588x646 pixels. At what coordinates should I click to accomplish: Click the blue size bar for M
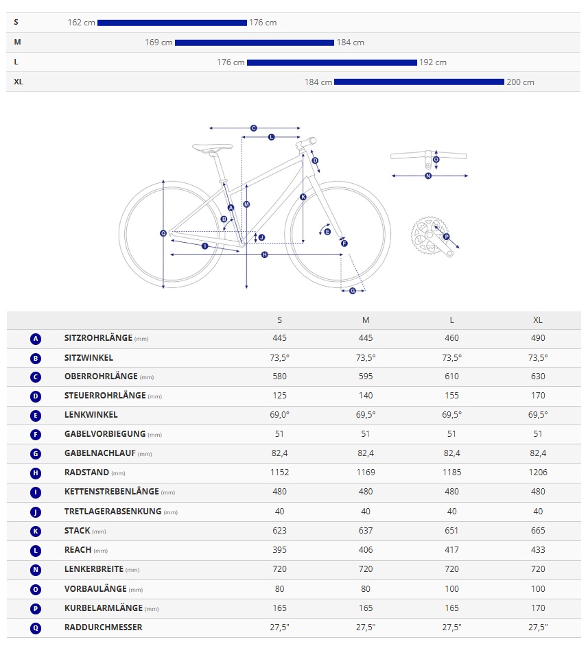tap(254, 43)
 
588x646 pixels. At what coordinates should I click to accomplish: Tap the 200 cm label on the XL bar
tap(520, 82)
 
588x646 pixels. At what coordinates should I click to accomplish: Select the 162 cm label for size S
tap(82, 23)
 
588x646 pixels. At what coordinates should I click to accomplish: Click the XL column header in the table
tap(538, 320)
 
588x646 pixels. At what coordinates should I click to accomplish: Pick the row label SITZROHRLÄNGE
tap(98, 338)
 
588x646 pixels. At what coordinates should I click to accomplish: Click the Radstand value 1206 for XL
tap(538, 472)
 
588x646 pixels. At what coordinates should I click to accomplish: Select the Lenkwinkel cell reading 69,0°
tap(279, 415)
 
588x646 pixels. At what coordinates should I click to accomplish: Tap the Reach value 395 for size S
tap(279, 550)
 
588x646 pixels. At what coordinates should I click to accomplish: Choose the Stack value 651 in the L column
tap(452, 531)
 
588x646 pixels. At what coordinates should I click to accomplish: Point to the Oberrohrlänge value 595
tap(366, 376)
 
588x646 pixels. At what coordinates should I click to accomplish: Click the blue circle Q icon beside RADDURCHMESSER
tap(36, 627)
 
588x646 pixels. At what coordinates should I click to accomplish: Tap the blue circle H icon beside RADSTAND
tap(36, 473)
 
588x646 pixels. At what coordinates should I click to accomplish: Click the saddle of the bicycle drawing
tap(212, 147)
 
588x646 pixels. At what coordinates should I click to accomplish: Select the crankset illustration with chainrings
tap(431, 237)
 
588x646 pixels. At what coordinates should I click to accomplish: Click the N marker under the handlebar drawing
tap(429, 176)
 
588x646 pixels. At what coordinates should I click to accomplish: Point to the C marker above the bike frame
tap(253, 128)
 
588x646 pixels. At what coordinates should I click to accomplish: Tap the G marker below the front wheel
tap(353, 291)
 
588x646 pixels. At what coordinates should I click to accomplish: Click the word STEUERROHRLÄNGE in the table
tap(105, 396)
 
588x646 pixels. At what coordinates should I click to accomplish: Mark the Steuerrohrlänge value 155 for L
tap(452, 396)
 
